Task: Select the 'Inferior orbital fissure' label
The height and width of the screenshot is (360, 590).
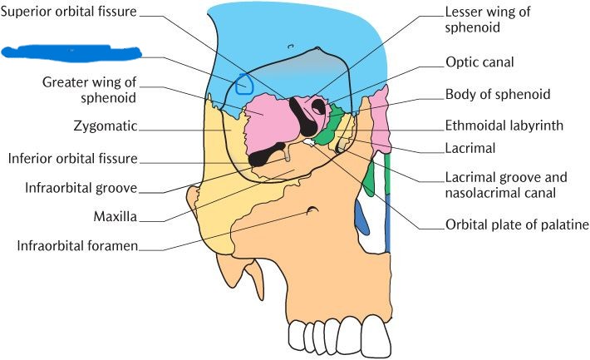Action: tap(72, 158)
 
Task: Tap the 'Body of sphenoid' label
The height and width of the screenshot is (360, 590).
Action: tap(498, 94)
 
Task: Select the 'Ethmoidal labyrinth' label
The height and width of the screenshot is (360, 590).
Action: tap(505, 126)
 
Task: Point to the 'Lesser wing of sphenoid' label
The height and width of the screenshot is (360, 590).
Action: tap(487, 21)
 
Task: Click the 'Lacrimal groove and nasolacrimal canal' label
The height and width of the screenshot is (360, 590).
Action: tap(504, 185)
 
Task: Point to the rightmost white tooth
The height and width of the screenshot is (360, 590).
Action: tap(376, 335)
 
